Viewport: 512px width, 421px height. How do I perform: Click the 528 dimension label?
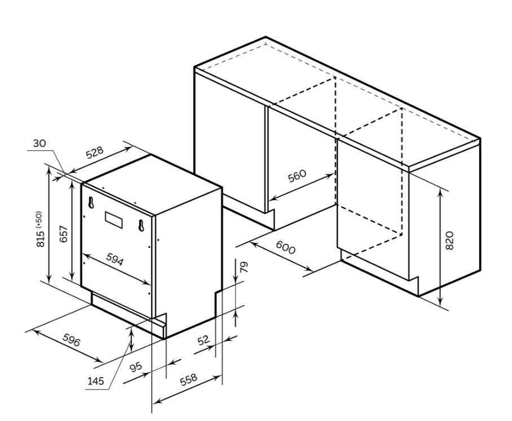[x=95, y=152]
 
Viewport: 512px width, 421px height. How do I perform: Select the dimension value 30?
[x=39, y=143]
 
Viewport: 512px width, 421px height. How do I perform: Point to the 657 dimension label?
[x=64, y=234]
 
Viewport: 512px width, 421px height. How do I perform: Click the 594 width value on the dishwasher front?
[x=115, y=259]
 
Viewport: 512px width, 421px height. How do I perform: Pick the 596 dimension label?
[x=71, y=340]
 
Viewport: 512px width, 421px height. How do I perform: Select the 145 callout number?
[x=95, y=381]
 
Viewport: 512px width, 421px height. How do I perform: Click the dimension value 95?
[x=135, y=367]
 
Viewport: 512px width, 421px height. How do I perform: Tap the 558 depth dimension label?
[x=188, y=379]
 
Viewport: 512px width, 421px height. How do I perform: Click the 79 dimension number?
[x=244, y=267]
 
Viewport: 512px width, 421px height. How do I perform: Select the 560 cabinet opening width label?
[x=297, y=176]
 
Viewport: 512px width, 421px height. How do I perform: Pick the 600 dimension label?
[x=285, y=247]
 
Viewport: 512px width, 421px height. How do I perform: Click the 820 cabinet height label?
[x=449, y=241]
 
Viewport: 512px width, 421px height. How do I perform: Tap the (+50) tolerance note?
[x=39, y=219]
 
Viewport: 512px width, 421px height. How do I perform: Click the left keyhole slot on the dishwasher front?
[x=91, y=202]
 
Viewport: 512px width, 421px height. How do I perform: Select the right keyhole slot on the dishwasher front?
[x=141, y=225]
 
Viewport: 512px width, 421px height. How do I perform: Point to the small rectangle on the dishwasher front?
[x=114, y=219]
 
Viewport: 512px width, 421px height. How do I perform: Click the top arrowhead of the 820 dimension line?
[x=440, y=193]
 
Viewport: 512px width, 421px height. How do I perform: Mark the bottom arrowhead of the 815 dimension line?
[x=48, y=280]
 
